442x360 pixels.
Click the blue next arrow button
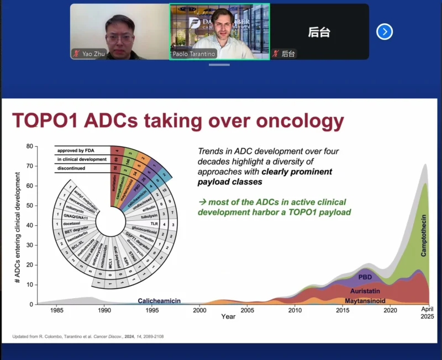385,31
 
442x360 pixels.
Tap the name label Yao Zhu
93,54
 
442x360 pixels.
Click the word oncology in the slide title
292,120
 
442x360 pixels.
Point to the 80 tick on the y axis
30,147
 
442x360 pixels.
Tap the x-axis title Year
228,317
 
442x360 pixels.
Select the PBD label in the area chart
365,276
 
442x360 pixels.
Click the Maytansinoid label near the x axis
365,301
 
